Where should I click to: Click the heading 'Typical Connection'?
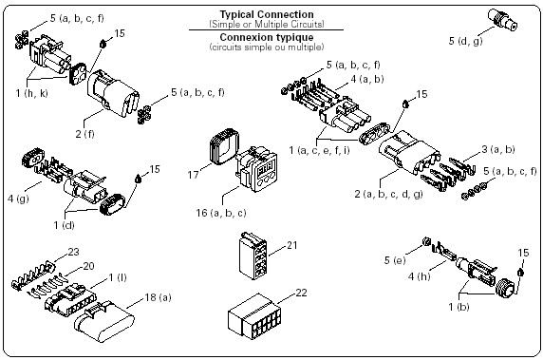tap(267, 14)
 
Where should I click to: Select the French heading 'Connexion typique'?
tap(267, 37)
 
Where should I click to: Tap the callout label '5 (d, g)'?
tap(466, 41)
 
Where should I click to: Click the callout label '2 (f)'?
tap(84, 134)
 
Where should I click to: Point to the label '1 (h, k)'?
tap(32, 93)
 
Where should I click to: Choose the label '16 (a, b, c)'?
tap(221, 213)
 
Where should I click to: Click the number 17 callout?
tap(194, 174)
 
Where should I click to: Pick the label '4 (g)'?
tap(18, 199)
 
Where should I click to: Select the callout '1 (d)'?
tap(64, 225)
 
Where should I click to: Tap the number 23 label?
tap(73, 252)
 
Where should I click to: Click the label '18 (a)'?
tap(158, 297)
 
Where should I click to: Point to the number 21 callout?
tap(292, 245)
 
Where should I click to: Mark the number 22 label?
tap(301, 293)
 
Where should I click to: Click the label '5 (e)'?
tap(395, 260)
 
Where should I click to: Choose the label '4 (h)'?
tap(419, 276)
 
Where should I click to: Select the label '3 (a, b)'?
tap(498, 149)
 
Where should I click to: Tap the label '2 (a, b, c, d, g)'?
tap(388, 194)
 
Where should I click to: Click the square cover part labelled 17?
tap(224, 146)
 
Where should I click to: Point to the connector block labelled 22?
tap(253, 316)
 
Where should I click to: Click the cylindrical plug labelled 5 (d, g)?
tap(503, 20)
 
